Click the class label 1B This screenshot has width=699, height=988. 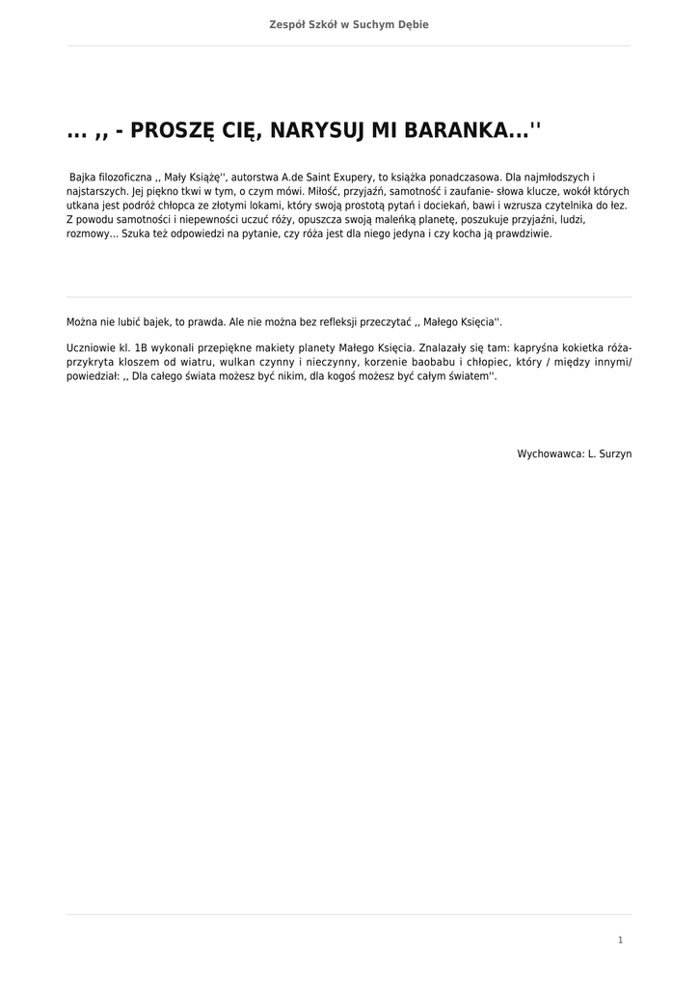coord(141,347)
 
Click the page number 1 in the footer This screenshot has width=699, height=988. coord(620,940)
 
